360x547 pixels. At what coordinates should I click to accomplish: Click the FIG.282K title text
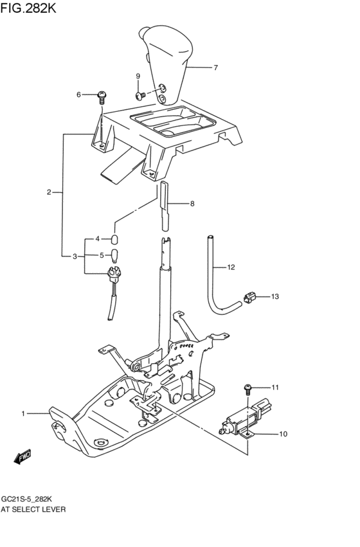28,8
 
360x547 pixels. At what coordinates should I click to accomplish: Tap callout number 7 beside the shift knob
215,67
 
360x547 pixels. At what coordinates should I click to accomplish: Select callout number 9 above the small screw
138,76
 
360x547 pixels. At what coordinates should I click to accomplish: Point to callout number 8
192,203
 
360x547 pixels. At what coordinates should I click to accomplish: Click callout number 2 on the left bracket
49,192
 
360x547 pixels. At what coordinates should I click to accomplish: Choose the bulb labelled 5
114,256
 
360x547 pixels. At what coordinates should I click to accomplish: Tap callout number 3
75,256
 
